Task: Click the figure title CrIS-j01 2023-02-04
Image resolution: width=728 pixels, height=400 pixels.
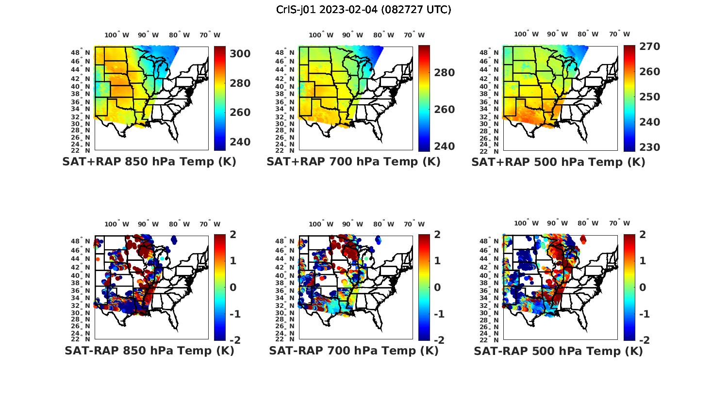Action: (364, 10)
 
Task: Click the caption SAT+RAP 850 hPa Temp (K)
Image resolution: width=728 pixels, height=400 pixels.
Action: (149, 162)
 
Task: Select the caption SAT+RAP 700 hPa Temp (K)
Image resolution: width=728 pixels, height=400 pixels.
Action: (353, 162)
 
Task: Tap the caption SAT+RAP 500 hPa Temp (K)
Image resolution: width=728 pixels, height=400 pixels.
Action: (558, 162)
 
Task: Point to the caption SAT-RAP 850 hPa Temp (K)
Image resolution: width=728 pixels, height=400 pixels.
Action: (149, 351)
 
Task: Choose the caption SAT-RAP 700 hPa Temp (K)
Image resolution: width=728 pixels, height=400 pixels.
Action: (353, 351)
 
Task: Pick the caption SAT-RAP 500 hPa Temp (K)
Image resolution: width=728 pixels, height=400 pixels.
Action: (558, 351)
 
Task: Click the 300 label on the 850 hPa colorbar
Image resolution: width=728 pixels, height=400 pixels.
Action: (240, 54)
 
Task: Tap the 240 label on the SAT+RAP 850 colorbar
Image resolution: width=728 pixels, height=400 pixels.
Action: (240, 142)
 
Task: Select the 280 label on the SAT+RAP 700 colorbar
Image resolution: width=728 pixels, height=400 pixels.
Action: (444, 73)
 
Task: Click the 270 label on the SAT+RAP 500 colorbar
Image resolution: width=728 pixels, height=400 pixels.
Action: (649, 47)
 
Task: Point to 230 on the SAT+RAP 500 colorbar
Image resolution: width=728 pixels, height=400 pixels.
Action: (649, 147)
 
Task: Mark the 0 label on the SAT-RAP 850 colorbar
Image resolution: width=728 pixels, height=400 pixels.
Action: (233, 288)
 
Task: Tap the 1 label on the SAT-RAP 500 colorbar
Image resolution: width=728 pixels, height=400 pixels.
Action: (643, 261)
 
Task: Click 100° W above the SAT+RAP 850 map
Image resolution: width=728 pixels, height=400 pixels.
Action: (117, 35)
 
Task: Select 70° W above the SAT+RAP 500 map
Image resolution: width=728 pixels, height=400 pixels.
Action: (619, 34)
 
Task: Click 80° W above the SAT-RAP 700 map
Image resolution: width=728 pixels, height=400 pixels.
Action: (383, 224)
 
